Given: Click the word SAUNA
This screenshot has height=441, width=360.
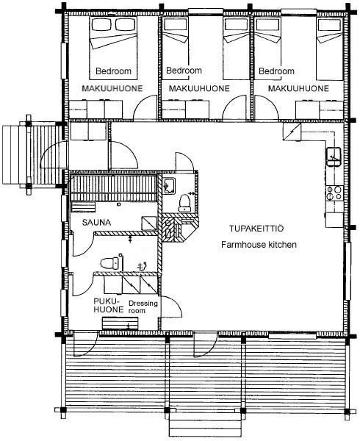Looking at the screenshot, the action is pos(96,223).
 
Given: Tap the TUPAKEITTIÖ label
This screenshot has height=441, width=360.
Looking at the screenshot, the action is pos(256,229).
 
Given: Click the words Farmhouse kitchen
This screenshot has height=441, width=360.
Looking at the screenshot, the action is pos(259,245).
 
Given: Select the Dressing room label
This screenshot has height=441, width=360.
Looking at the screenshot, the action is pos(143,306).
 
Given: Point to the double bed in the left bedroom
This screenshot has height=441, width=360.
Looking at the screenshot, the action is pos(113,48).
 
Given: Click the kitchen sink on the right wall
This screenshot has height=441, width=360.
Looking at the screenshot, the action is pos(334,157).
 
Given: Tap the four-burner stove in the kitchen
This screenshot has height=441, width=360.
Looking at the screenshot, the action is pos(334,193).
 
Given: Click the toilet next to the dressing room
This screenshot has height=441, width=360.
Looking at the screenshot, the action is pos(110,263).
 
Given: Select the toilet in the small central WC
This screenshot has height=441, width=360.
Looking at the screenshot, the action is pos(185,202).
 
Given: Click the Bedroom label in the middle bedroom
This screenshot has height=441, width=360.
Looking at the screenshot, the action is pos(184,71).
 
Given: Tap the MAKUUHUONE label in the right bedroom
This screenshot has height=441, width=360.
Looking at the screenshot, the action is pos(298,88).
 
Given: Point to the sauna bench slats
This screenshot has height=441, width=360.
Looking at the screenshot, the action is pos(113,184).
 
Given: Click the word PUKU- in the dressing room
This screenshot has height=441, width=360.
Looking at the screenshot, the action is pos(105,301).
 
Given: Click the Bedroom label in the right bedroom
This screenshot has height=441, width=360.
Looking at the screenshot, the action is pos(276,71).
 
